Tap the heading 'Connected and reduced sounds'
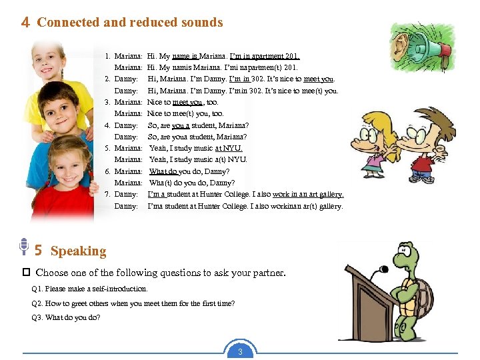pyautogui.click(x=130, y=22)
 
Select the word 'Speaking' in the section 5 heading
pyautogui.click(x=78, y=251)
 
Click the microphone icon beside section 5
pyautogui.click(x=23, y=247)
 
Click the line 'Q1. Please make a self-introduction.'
pyautogui.click(x=89, y=289)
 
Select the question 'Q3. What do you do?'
pyautogui.click(x=66, y=317)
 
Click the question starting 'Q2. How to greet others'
pyautogui.click(x=133, y=303)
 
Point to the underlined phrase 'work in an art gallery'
pyautogui.click(x=308, y=194)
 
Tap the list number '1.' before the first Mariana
pyautogui.click(x=107, y=57)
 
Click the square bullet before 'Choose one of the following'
pyautogui.click(x=26, y=273)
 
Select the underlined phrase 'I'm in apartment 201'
pyautogui.click(x=265, y=57)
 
